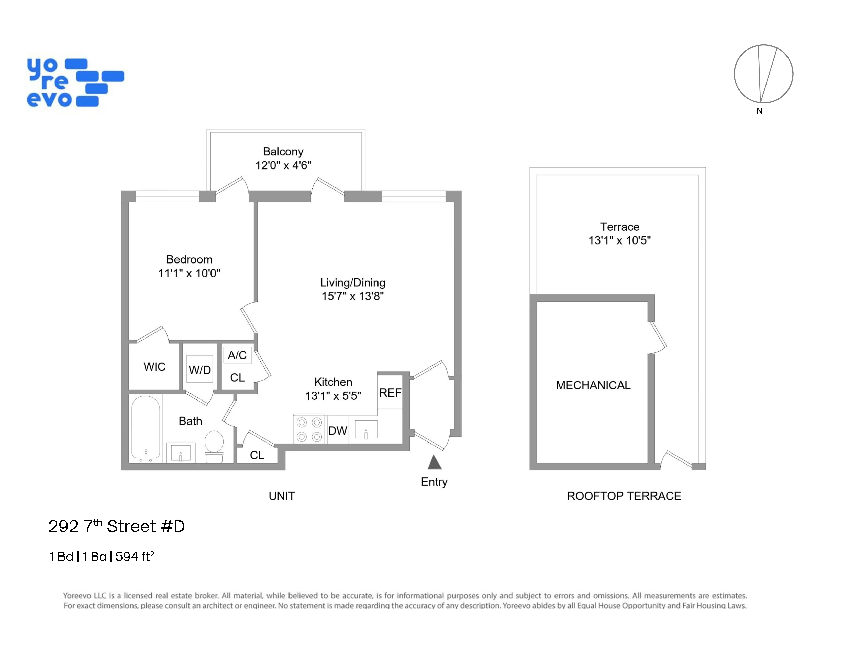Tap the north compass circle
point(763,74)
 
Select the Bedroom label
point(189,259)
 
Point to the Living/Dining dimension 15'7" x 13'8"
point(352,296)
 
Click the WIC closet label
point(154,367)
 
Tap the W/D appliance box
point(200,370)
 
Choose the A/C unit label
point(237,355)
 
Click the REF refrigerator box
point(390,393)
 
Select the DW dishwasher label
point(337,430)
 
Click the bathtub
point(146,429)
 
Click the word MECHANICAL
point(593,385)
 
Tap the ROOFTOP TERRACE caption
point(624,496)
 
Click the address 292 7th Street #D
point(116,526)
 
